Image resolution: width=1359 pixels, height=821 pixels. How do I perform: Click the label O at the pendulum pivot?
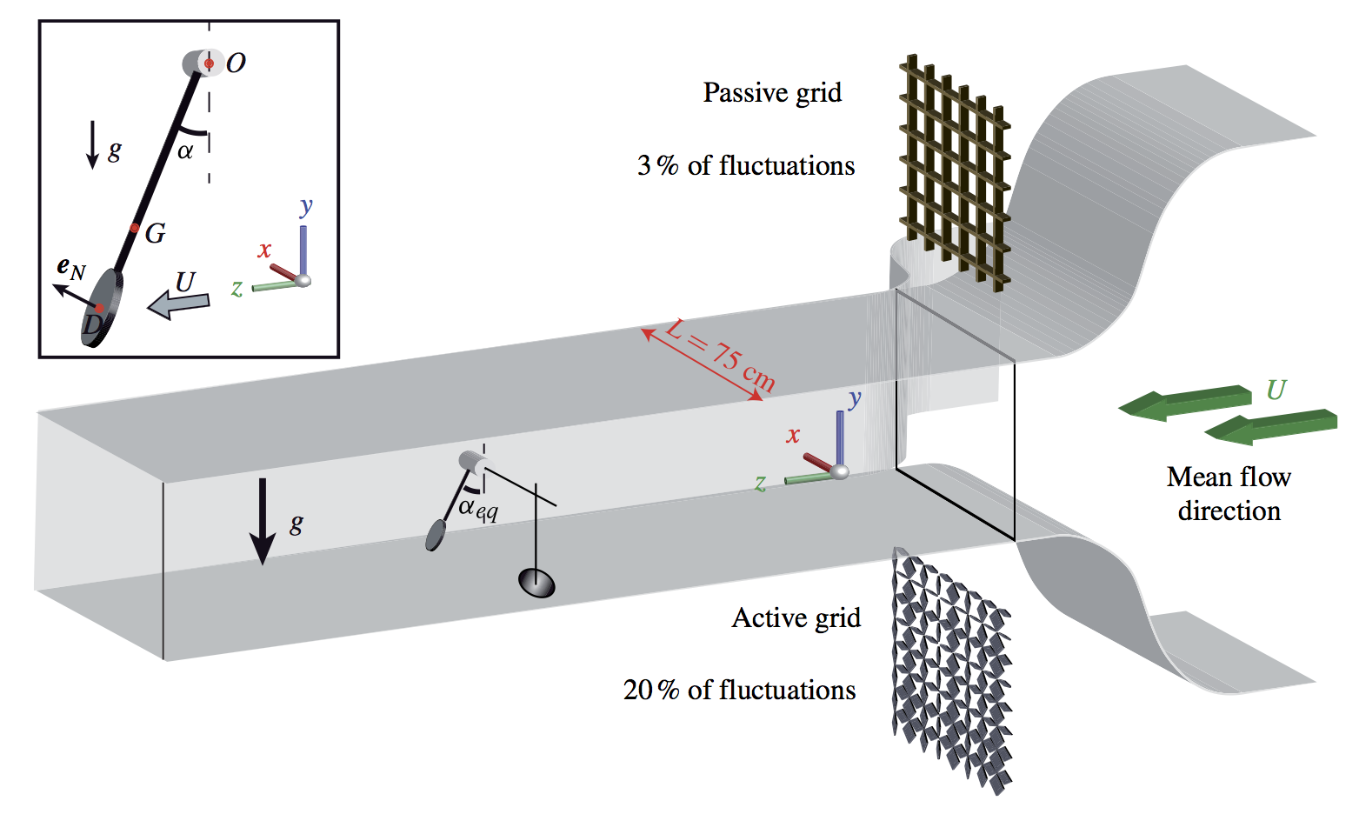click(x=236, y=63)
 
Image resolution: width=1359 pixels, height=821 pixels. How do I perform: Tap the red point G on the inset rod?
click(x=135, y=229)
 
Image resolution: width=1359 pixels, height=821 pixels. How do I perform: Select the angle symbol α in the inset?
click(x=185, y=151)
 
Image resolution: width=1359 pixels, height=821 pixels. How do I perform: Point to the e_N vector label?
click(x=71, y=269)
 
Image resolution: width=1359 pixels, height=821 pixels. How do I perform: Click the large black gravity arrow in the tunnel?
click(x=263, y=522)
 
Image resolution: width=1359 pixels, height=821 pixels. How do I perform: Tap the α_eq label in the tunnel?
click(x=478, y=509)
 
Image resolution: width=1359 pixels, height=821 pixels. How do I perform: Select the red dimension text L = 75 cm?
click(x=719, y=355)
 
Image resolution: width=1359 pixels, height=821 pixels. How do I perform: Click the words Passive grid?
click(x=772, y=93)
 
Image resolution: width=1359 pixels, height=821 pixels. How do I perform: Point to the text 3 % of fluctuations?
click(x=746, y=165)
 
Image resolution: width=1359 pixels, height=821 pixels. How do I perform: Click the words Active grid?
click(x=796, y=617)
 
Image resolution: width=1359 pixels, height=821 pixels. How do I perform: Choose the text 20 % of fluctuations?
click(x=739, y=690)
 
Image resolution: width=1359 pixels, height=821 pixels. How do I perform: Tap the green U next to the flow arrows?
click(x=1276, y=390)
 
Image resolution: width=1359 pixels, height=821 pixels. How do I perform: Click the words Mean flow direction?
click(x=1229, y=493)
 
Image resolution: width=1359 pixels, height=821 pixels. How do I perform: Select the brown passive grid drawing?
click(x=955, y=170)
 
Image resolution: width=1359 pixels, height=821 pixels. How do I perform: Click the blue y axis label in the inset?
click(x=306, y=207)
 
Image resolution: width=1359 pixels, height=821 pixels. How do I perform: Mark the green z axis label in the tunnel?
click(x=761, y=484)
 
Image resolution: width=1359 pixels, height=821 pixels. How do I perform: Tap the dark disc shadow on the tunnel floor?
click(x=536, y=583)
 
